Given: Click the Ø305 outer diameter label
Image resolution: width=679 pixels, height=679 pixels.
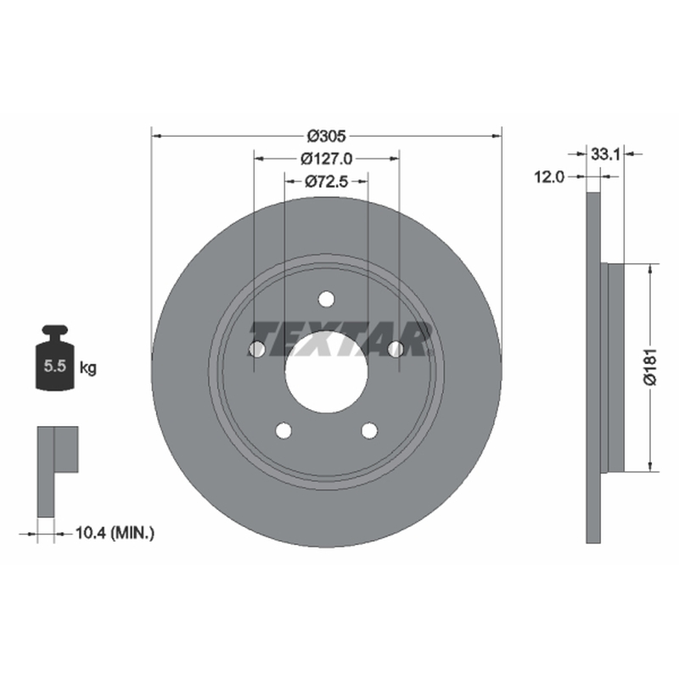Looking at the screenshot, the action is pyautogui.click(x=327, y=136).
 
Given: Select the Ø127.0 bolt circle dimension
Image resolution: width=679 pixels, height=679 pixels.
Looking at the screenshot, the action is pyautogui.click(x=327, y=159).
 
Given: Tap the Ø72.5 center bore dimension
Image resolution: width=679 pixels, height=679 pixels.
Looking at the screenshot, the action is pyautogui.click(x=327, y=182).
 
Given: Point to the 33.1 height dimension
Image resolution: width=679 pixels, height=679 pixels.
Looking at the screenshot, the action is pyautogui.click(x=606, y=154).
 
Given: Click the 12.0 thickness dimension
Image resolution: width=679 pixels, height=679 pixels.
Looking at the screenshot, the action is pyautogui.click(x=549, y=177).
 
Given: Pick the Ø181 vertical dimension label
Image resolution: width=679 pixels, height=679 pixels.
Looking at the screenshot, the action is pyautogui.click(x=651, y=367).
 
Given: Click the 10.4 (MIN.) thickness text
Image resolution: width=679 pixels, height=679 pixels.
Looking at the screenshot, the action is pyautogui.click(x=115, y=533).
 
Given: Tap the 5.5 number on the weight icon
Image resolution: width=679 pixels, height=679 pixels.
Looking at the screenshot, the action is pyautogui.click(x=55, y=367).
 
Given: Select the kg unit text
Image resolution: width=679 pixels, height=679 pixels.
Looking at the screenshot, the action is pyautogui.click(x=88, y=368).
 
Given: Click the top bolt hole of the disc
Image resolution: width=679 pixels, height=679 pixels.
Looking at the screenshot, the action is pyautogui.click(x=326, y=300).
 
